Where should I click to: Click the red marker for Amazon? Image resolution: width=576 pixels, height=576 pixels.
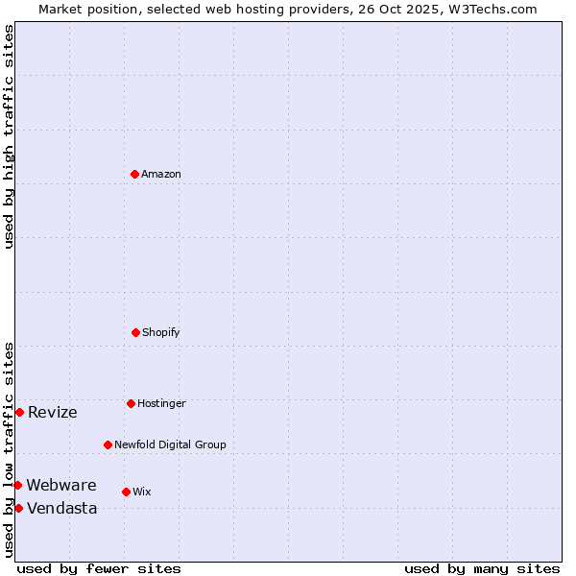coord(134,174)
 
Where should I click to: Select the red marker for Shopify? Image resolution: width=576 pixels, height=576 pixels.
coord(135,332)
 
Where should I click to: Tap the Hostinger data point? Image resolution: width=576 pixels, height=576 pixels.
coord(131,403)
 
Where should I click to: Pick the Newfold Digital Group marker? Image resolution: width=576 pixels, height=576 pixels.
coord(108,444)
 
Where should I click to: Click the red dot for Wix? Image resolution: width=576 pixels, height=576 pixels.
coord(126,492)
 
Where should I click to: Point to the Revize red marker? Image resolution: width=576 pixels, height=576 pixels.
coord(19,412)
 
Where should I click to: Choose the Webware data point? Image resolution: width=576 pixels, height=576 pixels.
coord(17,485)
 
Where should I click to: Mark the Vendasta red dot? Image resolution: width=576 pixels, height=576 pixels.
coord(18,508)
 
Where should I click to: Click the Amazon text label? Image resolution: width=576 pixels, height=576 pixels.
coord(161,174)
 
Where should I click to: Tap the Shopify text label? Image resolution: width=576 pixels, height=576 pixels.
coord(161,332)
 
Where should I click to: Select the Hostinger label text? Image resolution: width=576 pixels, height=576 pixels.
coord(161,403)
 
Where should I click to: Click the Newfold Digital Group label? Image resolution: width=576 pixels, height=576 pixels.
coord(170,444)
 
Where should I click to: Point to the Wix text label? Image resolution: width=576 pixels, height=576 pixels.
coord(142,492)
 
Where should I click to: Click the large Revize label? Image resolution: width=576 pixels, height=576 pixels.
coord(53,413)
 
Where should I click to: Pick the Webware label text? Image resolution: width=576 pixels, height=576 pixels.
coord(61,485)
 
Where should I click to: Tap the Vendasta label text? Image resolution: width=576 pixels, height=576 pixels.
coord(62,509)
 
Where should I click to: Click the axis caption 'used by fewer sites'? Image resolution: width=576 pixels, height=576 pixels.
coord(99,568)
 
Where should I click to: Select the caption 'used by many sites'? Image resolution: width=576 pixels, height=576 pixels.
coord(482,568)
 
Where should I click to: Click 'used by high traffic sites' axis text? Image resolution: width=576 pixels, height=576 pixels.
coord(9,136)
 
